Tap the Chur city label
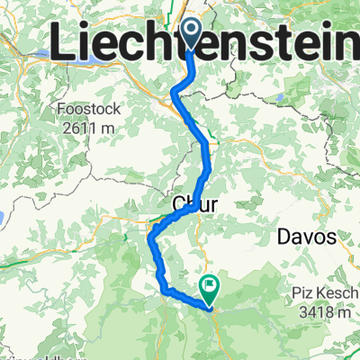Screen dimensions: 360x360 [x=194, y=206]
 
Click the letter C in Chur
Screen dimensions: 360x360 [x=177, y=206]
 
